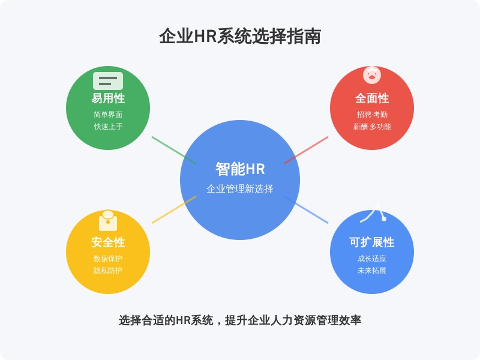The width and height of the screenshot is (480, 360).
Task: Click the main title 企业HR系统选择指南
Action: [240, 37]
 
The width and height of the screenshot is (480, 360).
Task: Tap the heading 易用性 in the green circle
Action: [108, 98]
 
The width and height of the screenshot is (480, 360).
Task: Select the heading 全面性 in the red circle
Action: [372, 98]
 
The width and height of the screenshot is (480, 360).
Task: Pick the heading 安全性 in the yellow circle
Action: [108, 242]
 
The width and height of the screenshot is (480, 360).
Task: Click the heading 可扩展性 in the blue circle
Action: [372, 242]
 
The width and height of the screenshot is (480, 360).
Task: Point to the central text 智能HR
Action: [240, 169]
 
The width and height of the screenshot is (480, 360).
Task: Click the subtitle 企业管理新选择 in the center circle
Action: [240, 189]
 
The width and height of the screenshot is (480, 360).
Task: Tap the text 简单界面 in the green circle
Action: [108, 115]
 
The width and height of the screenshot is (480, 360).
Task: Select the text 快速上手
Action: [108, 127]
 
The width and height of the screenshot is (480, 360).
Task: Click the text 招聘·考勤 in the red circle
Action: [372, 115]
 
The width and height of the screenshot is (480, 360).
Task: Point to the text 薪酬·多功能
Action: [372, 127]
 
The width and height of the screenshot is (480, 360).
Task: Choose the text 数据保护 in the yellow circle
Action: [108, 259]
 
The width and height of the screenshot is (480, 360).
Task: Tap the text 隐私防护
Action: [108, 271]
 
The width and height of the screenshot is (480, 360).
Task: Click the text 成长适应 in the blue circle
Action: [372, 259]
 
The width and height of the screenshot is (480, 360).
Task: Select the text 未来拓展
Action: [372, 271]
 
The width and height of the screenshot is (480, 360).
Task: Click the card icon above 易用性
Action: [108, 81]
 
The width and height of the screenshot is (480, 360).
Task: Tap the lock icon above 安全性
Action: [108, 221]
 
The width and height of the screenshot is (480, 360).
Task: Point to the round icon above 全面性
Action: [372, 74]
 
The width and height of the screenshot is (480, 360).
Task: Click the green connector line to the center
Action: [174, 150]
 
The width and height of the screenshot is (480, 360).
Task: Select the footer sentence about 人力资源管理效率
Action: [240, 320]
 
